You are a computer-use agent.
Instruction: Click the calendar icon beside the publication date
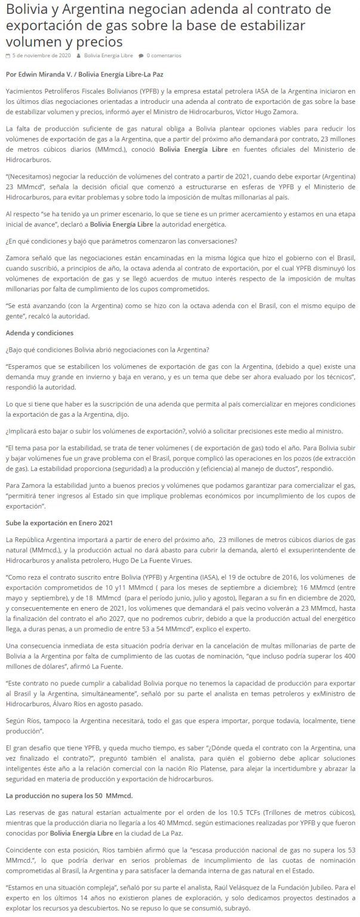click(8, 56)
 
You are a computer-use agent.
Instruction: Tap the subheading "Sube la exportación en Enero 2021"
click(59, 523)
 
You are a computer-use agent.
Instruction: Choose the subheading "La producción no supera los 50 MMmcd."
click(69, 796)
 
